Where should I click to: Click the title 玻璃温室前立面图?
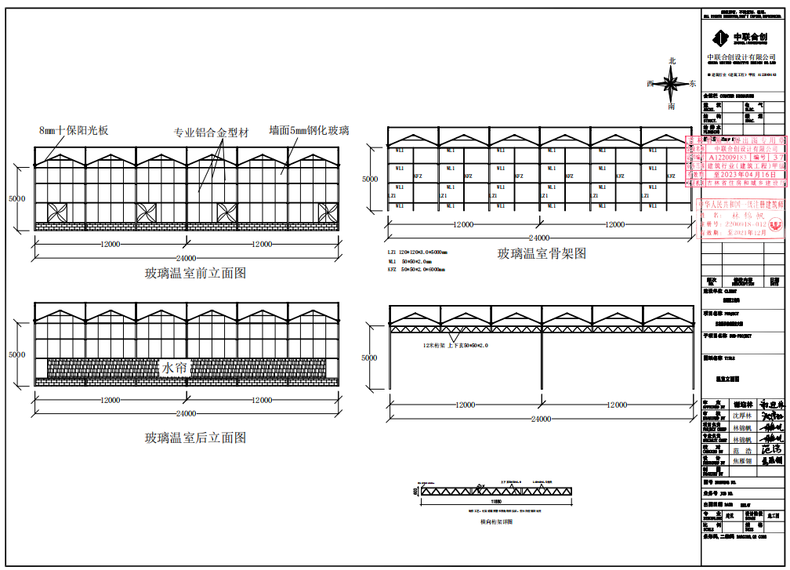click(195, 274)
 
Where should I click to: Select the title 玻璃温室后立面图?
click(195, 437)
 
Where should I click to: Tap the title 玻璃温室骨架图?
click(542, 253)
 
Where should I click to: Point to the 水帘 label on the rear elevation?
click(173, 368)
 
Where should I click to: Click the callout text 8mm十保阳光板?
click(74, 130)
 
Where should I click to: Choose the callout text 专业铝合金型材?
click(211, 133)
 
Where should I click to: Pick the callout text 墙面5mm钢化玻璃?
click(309, 130)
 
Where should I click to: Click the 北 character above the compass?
click(672, 60)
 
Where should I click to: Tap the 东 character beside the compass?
click(692, 82)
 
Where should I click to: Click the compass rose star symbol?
click(672, 82)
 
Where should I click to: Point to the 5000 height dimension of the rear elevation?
click(16, 354)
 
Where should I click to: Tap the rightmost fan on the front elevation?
click(328, 212)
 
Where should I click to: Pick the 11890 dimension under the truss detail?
click(496, 500)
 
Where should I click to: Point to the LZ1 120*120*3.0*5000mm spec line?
click(417, 252)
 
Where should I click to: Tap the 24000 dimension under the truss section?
click(540, 419)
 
